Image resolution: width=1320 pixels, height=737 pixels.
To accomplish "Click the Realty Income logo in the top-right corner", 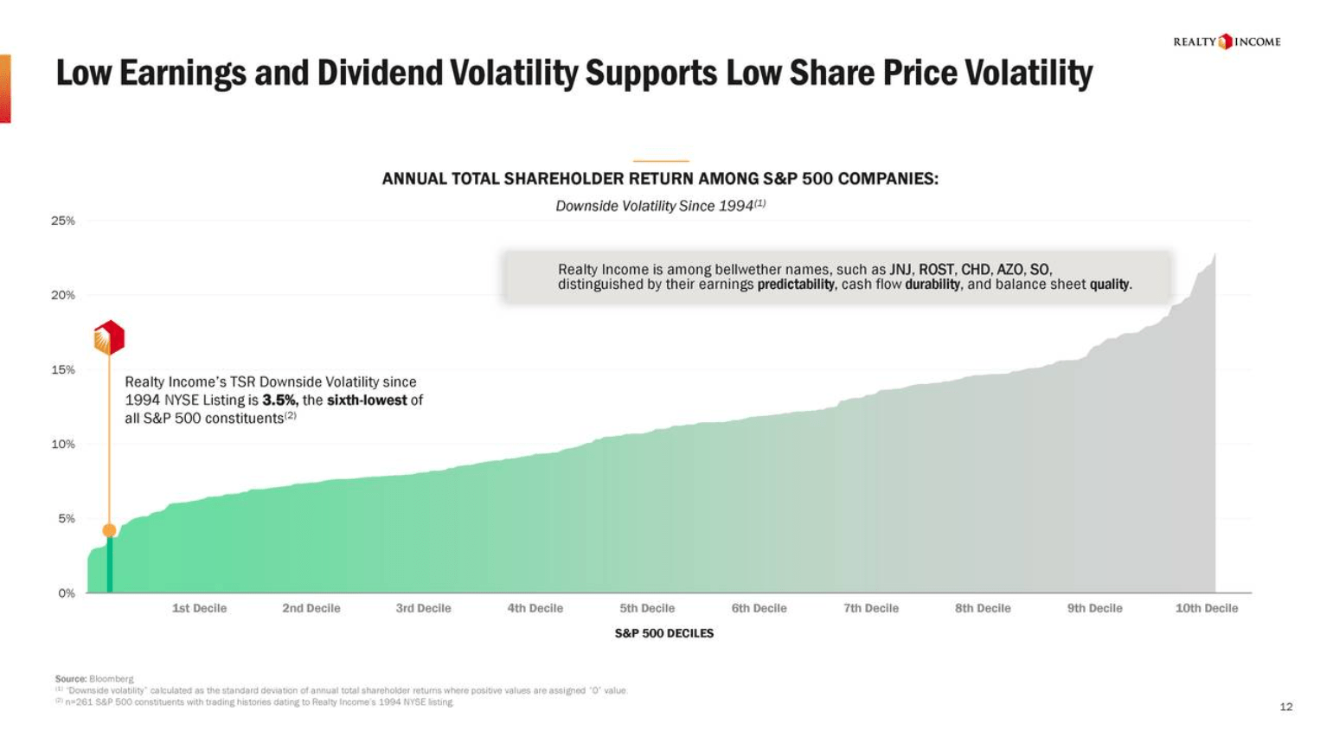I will point(1226,42).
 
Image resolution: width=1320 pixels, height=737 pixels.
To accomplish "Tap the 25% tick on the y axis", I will point(63,221).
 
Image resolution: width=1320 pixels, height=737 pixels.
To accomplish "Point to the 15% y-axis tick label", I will point(63,369).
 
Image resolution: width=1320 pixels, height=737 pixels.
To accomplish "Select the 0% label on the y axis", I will point(67,593).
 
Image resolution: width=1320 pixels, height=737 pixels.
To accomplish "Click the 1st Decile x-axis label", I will point(199,608).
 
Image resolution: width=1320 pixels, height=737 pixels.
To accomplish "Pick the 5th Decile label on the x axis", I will point(647,608).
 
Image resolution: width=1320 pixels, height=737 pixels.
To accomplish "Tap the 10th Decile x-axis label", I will point(1206,608).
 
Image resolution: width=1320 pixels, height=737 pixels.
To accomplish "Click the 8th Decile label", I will point(983,608).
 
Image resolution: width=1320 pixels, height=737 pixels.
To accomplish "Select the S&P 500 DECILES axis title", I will point(663,633).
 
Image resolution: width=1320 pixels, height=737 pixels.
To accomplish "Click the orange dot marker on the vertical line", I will point(109,530).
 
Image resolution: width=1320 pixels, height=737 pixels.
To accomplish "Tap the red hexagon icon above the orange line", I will point(109,337).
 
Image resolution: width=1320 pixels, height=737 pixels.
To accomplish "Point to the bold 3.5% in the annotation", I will point(279,401).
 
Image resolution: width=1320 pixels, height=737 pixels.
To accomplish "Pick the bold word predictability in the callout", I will point(796,285).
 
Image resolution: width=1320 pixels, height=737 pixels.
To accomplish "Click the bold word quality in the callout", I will point(1110,285).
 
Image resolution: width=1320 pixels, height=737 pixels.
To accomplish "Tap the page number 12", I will point(1285,707).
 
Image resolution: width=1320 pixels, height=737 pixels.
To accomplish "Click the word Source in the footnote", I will point(70,679).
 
